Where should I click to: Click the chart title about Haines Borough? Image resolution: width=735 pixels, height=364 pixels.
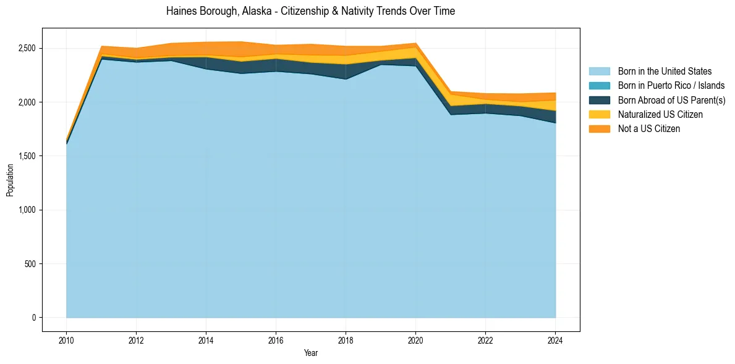click(x=310, y=11)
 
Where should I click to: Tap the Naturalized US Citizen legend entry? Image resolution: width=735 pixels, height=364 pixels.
click(x=660, y=115)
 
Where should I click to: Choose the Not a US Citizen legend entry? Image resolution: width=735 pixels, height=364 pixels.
click(x=649, y=129)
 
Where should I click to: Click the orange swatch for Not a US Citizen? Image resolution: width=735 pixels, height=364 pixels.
click(x=599, y=129)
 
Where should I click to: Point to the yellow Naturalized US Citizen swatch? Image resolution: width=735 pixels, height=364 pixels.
click(x=599, y=115)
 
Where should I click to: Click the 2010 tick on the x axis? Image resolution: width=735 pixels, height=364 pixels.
click(x=66, y=340)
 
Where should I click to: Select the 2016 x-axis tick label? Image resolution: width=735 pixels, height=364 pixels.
click(x=276, y=340)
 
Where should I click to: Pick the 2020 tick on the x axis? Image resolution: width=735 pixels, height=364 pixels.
click(x=415, y=340)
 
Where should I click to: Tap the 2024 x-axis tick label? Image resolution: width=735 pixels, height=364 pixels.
click(x=555, y=340)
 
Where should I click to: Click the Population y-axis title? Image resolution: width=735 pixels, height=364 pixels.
click(x=10, y=180)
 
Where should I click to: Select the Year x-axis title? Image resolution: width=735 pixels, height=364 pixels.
click(x=311, y=353)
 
